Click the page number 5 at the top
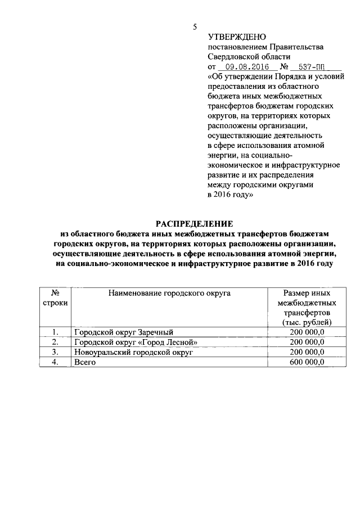194,26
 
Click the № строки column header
55,298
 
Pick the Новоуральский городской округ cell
133,353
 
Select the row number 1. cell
55,332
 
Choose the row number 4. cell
55,363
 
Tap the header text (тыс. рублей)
307,322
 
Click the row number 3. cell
55,353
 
